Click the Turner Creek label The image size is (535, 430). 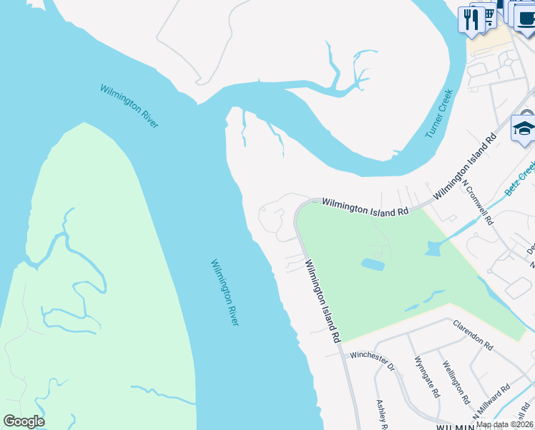click(x=439, y=113)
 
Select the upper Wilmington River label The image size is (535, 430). click(x=129, y=106)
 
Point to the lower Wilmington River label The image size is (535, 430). click(x=224, y=292)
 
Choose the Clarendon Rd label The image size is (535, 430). click(x=473, y=335)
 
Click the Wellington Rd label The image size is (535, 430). click(x=455, y=383)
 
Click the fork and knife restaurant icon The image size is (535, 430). click(x=471, y=19)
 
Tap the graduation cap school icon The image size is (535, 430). click(x=524, y=130)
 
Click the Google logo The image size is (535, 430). click(x=24, y=421)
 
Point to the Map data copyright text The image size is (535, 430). click(x=504, y=424)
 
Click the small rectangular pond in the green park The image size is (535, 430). click(x=372, y=264)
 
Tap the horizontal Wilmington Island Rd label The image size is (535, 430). click(x=364, y=207)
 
